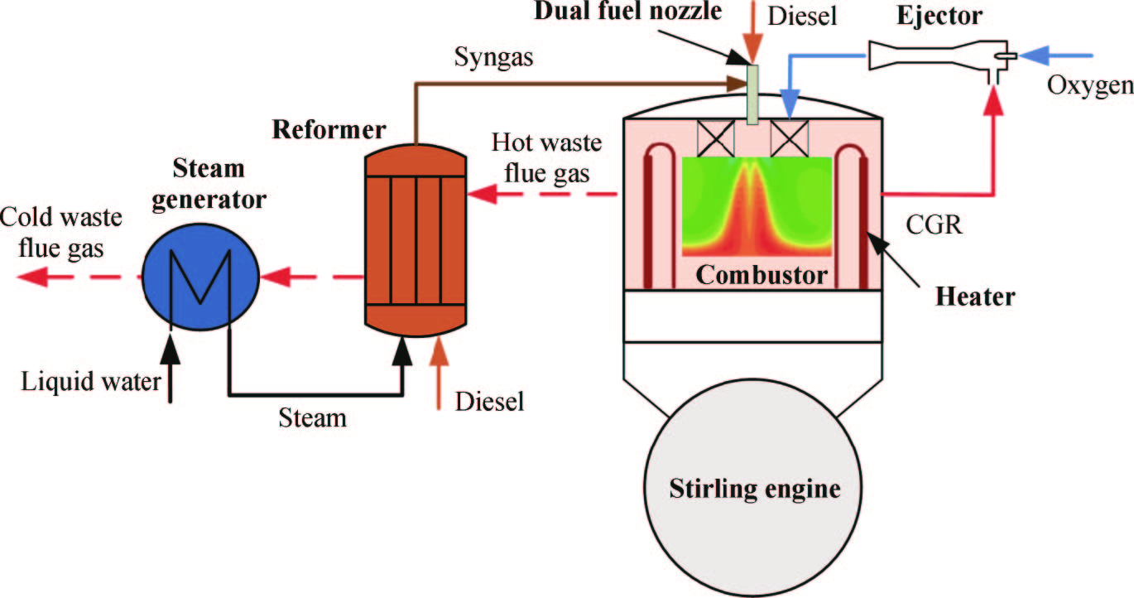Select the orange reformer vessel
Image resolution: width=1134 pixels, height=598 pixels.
415,240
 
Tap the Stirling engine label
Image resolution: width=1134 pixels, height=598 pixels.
754,489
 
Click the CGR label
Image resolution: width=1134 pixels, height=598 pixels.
933,225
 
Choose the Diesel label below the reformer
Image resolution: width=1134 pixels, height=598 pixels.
490,402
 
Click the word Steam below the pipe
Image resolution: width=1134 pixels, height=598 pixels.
313,417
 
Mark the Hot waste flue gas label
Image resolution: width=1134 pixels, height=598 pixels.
547,155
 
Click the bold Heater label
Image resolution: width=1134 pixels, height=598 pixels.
975,296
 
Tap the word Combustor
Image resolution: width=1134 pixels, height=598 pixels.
761,274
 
